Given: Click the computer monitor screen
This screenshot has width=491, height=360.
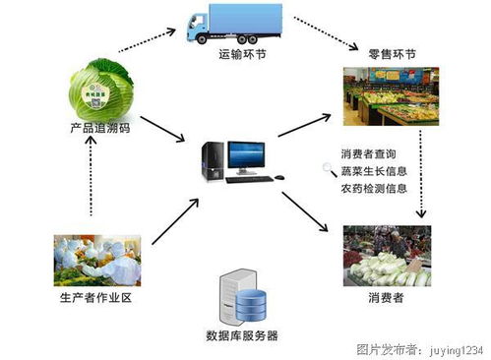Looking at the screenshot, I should tap(245, 155).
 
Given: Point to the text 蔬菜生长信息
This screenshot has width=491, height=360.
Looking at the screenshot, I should tap(373, 171).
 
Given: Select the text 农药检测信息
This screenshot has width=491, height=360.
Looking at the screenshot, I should tap(373, 188).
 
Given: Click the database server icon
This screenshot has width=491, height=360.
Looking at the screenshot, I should tap(241, 295).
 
